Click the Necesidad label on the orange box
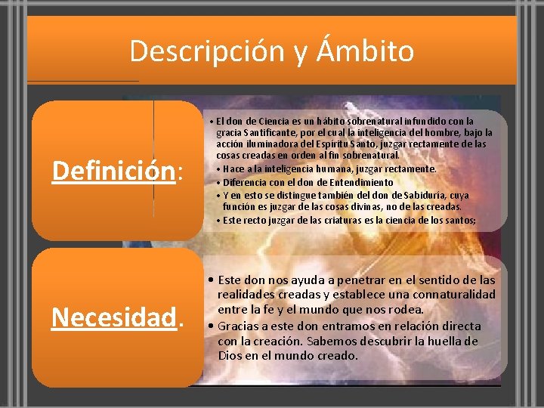(x=113, y=318)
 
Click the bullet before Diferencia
(x=218, y=182)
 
